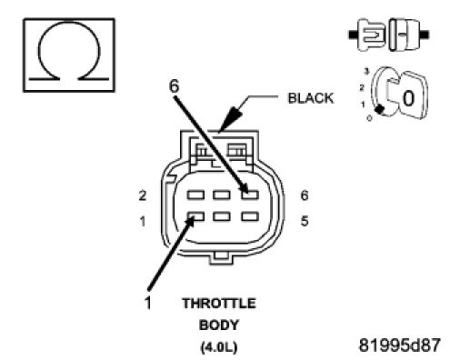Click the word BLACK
coord(310,98)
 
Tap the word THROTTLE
coord(219,304)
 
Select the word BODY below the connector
coord(219,325)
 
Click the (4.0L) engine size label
coord(219,347)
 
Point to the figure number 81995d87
coord(399,345)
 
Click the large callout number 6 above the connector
coord(174,85)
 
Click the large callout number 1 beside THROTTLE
coord(148,303)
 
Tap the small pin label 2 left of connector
coord(143,195)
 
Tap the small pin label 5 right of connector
coord(305,221)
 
